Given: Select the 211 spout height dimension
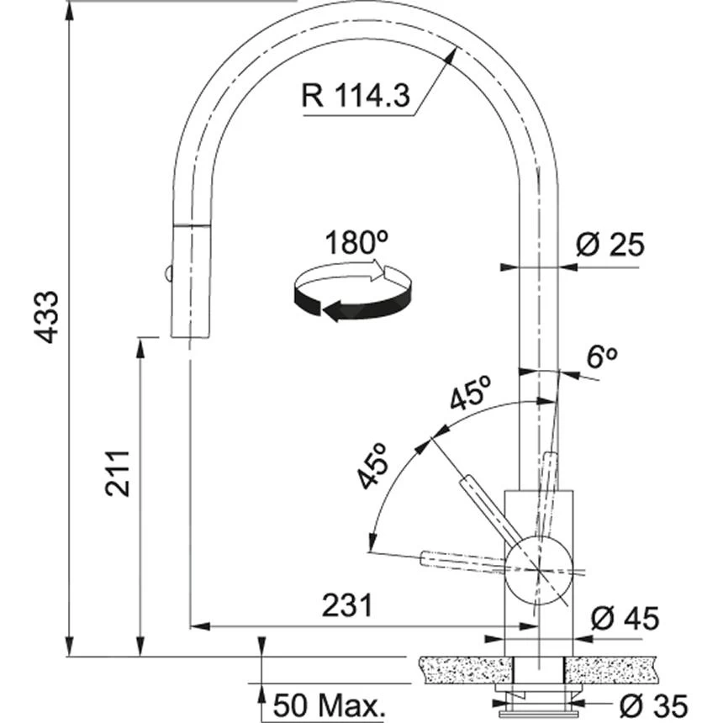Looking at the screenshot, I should [x=119, y=473].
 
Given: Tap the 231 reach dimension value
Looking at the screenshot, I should [x=346, y=604].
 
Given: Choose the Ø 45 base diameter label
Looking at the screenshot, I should [x=624, y=619].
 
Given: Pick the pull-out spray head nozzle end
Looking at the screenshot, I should [x=189, y=334].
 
